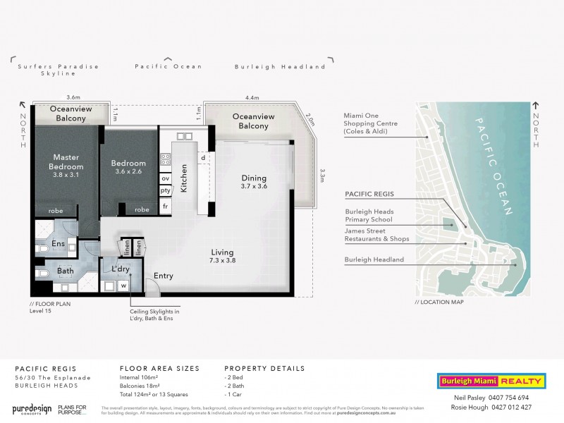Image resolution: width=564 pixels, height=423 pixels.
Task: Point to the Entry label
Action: pyautogui.click(x=163, y=276)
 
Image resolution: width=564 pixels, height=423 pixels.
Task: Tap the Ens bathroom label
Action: pyautogui.click(x=59, y=244)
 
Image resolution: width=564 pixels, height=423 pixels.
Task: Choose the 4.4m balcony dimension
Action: pyautogui.click(x=253, y=97)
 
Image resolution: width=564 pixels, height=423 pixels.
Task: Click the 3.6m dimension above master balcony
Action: pyautogui.click(x=72, y=97)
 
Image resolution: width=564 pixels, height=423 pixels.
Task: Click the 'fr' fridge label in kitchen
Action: pyautogui.click(x=165, y=206)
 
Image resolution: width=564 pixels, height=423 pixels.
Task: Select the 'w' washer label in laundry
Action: pyautogui.click(x=124, y=286)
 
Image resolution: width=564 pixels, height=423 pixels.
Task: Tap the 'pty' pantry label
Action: pyautogui.click(x=165, y=190)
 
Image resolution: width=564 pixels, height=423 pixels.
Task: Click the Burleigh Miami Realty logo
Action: pyautogui.click(x=490, y=381)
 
